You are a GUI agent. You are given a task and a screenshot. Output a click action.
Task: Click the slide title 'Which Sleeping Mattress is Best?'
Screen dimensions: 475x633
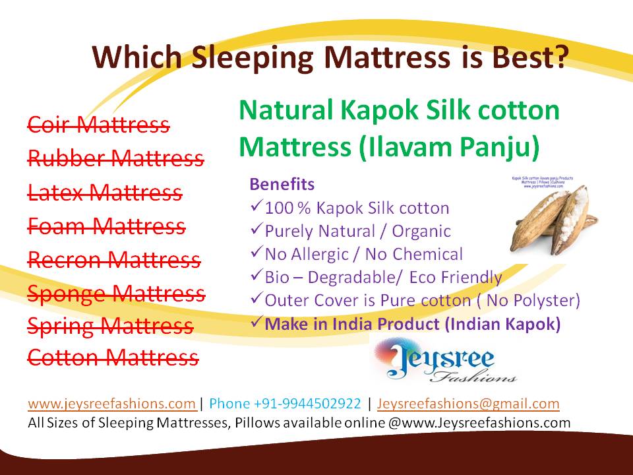330,57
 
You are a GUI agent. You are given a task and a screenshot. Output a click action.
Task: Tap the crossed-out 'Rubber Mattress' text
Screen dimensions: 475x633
115,158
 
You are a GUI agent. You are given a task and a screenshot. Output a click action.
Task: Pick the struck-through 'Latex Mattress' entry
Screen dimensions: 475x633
104,192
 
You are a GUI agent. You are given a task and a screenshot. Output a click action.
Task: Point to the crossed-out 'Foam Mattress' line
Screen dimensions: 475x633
106,226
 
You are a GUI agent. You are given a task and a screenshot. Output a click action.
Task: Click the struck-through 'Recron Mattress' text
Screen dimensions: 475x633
113,260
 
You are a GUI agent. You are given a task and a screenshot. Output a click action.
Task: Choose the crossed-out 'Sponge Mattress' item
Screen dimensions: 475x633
116,293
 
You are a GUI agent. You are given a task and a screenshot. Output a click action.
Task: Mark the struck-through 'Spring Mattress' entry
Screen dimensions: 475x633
110,326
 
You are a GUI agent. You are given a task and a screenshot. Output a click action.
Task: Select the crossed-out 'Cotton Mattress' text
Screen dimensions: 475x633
112,358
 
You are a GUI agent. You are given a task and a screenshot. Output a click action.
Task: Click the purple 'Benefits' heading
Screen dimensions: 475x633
282,184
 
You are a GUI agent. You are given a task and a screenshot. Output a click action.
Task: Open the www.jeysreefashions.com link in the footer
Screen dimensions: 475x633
111,404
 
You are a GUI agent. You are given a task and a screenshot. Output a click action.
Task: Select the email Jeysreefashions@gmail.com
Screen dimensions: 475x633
468,404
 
